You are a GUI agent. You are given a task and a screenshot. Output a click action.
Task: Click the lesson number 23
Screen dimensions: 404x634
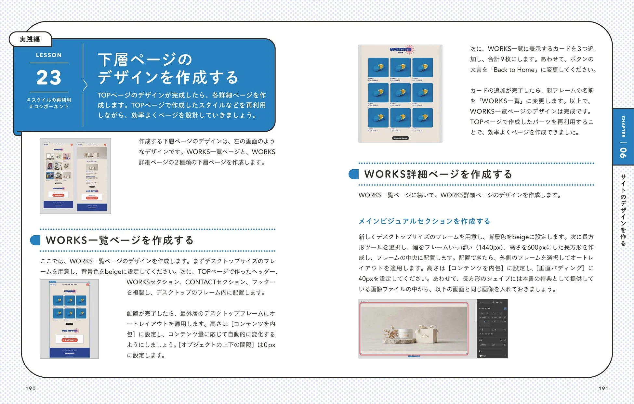pyautogui.click(x=49, y=77)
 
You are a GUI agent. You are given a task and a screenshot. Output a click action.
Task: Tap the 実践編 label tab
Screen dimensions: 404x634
pyautogui.click(x=30, y=39)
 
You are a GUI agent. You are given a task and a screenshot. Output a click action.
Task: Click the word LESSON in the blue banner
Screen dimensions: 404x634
pyautogui.click(x=49, y=55)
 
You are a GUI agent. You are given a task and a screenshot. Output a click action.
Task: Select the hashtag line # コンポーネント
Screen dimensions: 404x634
pyautogui.click(x=49, y=107)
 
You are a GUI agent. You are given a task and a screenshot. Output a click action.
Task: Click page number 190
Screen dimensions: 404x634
pyautogui.click(x=31, y=388)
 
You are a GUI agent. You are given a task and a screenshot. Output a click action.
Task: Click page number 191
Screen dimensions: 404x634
pyautogui.click(x=603, y=388)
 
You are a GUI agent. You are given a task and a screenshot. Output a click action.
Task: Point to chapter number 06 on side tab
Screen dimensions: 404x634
pyautogui.click(x=623, y=152)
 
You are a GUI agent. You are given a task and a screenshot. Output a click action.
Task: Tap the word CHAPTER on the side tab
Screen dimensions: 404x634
pyautogui.click(x=623, y=126)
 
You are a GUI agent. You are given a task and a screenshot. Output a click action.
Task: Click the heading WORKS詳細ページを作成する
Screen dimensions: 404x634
pyautogui.click(x=438, y=174)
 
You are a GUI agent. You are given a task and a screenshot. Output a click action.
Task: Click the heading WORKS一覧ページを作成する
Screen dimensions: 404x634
pyautogui.click(x=120, y=240)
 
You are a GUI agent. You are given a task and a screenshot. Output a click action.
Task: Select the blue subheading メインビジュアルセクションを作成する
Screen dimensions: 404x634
pyautogui.click(x=424, y=221)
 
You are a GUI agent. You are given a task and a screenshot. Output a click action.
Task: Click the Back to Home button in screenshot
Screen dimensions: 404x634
pyautogui.click(x=400, y=138)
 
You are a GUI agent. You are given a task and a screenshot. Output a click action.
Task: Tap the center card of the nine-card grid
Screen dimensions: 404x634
pyautogui.click(x=400, y=93)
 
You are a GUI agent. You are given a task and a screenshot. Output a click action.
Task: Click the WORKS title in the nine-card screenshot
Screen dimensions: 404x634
pyautogui.click(x=400, y=49)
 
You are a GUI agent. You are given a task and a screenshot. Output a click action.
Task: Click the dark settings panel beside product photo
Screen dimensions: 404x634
pyautogui.click(x=492, y=328)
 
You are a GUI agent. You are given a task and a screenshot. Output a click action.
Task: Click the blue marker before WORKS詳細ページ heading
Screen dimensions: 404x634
pyautogui.click(x=353, y=174)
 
